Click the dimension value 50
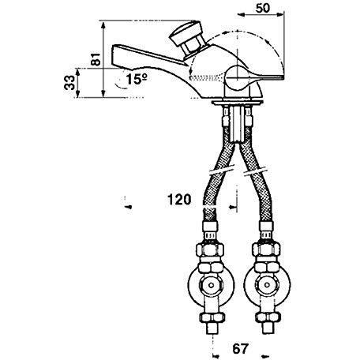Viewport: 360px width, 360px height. tap(263, 8)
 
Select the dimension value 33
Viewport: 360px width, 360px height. tap(69, 83)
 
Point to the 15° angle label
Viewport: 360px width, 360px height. tap(137, 79)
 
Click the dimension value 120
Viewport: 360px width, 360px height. tap(179, 200)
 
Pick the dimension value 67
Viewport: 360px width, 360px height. tap(240, 349)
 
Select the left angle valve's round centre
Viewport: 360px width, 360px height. tap(211, 285)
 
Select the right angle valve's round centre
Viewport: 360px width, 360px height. tap(267, 285)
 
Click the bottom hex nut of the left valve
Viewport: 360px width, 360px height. tap(212, 317)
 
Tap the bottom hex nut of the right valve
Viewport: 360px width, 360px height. tap(268, 317)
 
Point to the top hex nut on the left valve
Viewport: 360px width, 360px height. tap(211, 249)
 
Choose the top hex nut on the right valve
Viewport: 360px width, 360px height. tap(266, 249)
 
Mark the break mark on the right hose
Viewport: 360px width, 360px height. tap(256, 171)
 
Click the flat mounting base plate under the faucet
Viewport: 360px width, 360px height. tap(237, 102)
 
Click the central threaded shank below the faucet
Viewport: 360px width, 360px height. tap(237, 124)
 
